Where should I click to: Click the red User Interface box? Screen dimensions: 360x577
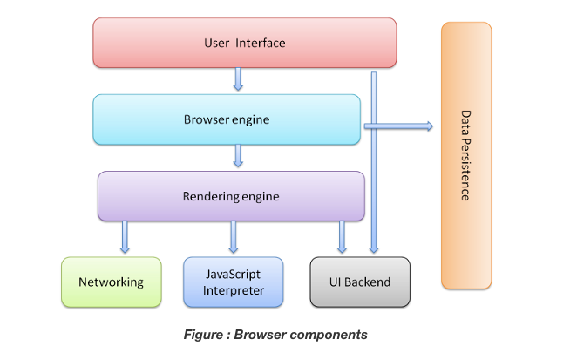244,43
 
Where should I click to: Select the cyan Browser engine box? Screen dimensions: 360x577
227,119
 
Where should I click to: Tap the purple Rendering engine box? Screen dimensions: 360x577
231,196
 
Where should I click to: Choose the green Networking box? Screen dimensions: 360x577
111,282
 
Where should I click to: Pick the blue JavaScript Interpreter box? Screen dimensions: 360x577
234,282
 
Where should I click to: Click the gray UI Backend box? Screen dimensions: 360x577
361,282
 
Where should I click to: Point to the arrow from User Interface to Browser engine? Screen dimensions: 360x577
238,80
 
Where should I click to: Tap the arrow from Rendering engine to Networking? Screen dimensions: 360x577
125,237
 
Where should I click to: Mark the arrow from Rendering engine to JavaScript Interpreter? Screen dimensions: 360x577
234,237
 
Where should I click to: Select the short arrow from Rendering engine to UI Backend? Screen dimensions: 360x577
342,237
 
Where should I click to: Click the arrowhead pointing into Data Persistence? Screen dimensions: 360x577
427,126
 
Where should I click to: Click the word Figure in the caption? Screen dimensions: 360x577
202,335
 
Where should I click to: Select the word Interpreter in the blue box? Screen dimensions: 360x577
234,290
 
